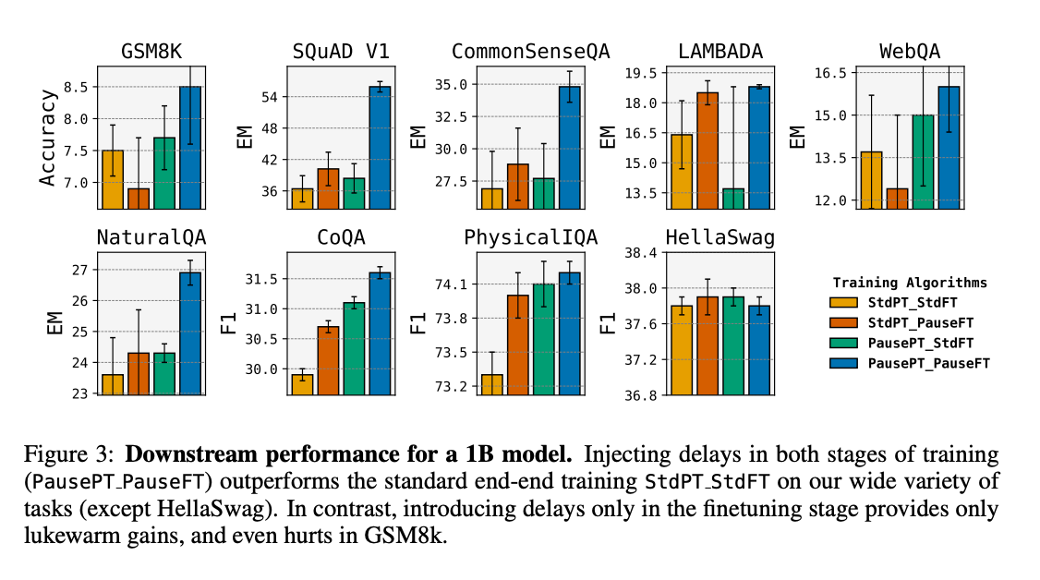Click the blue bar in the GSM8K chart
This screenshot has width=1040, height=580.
[x=189, y=148]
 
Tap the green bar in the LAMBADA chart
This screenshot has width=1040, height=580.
[x=734, y=199]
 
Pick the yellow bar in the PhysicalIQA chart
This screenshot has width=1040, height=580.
[x=492, y=384]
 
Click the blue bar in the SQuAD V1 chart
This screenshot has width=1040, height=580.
[x=380, y=148]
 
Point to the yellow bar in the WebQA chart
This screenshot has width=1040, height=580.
[x=871, y=180]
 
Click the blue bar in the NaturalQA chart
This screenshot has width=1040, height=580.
[x=189, y=332]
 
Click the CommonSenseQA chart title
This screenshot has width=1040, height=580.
[x=530, y=52]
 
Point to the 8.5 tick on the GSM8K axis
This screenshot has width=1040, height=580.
[x=79, y=87]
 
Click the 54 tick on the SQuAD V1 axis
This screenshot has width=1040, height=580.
[x=269, y=97]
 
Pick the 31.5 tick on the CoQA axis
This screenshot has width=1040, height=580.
[x=260, y=279]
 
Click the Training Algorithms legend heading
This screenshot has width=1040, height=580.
[x=910, y=283]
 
